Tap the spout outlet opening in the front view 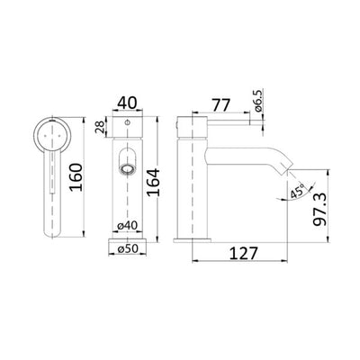(127, 168)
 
